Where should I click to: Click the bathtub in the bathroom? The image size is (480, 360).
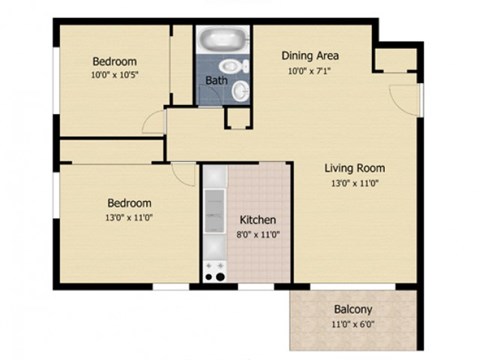218,42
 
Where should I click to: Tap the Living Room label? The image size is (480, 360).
355,168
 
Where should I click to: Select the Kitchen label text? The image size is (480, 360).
257,220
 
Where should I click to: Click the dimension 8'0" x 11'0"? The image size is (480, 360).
257,234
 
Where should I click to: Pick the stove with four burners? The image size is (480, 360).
214,268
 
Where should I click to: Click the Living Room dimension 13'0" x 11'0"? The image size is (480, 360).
355,183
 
